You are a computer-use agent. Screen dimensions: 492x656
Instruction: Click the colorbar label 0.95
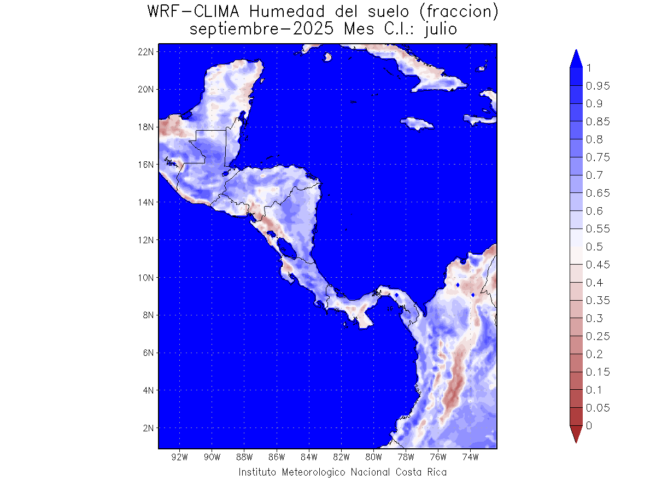[x=598, y=86]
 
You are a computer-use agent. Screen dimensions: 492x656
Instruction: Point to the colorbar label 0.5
[x=595, y=247]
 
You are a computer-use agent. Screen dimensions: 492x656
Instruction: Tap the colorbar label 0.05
[x=598, y=408]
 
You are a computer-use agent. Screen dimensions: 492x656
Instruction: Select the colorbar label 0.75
[x=598, y=157]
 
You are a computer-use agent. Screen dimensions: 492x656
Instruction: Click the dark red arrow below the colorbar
[x=576, y=434]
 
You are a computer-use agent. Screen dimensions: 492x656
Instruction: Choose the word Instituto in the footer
[x=257, y=472]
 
